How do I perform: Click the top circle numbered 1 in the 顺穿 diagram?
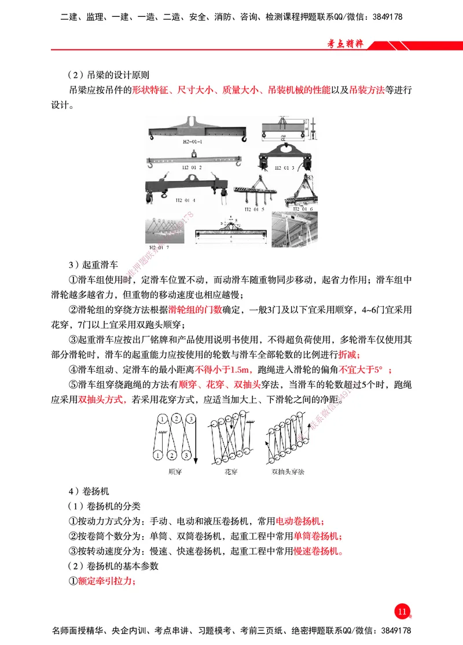pyautogui.click(x=164, y=418)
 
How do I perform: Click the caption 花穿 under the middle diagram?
pyautogui.click(x=231, y=471)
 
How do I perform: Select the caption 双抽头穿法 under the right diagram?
pyautogui.click(x=288, y=471)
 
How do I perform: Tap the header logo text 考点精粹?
pyautogui.click(x=345, y=44)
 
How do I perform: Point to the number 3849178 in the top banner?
pyautogui.click(x=384, y=17)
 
